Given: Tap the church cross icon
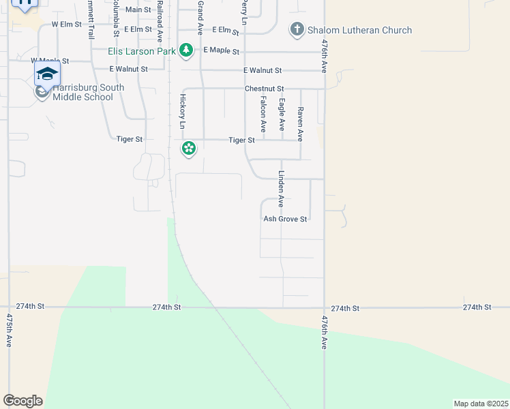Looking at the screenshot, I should click(x=297, y=30).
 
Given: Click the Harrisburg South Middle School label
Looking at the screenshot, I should click(x=88, y=92).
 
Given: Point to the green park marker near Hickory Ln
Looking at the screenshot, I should click(x=189, y=148).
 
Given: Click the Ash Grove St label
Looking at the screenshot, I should click(x=286, y=219).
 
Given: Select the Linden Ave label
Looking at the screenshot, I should click(x=280, y=189).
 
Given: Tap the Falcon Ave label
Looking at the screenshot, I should click(x=263, y=115).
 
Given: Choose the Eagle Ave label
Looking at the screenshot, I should click(x=282, y=115).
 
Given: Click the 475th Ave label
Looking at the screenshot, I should click(x=9, y=331).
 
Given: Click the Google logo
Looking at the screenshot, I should click(x=22, y=401).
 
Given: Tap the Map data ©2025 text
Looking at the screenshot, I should click(x=481, y=404).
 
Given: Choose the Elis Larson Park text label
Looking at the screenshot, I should click(x=142, y=50).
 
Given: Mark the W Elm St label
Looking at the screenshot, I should click(x=66, y=24).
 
